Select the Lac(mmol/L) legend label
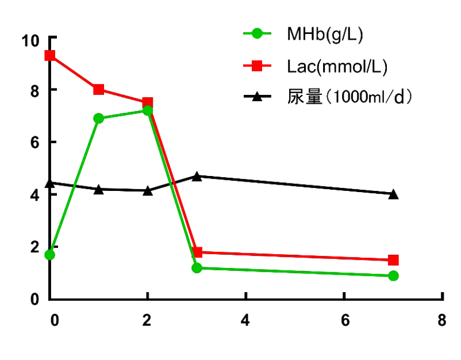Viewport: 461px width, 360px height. tap(337, 67)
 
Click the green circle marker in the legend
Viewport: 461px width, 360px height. tap(257, 34)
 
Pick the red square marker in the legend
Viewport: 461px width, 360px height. tap(257, 66)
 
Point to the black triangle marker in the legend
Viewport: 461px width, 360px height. tap(257, 97)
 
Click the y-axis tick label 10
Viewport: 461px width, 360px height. tap(29, 41)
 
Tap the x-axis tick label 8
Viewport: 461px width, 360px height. tap(441, 321)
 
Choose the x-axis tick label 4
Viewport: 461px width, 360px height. tap(245, 321)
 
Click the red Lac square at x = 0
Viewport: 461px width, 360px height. tap(50, 56)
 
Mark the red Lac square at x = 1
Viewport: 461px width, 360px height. tap(99, 89)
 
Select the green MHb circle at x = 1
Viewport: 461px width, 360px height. tap(99, 118)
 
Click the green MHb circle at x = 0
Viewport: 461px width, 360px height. tap(50, 255)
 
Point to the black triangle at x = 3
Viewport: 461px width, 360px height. tap(197, 176)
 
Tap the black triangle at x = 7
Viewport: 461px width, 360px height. tap(393, 194)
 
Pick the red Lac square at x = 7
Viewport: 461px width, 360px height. tap(393, 261)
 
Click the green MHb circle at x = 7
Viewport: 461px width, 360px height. tap(393, 276)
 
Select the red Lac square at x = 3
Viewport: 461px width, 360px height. tap(197, 252)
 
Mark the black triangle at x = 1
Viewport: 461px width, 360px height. tap(99, 189)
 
